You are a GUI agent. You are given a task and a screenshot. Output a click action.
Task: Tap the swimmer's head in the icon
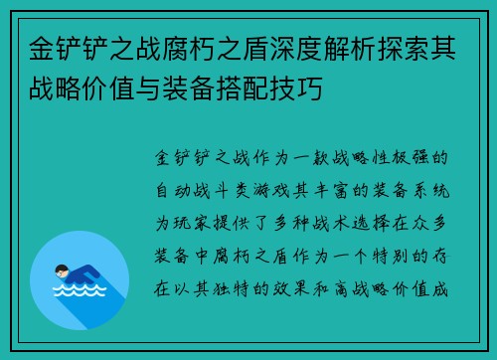tap(61, 269)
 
